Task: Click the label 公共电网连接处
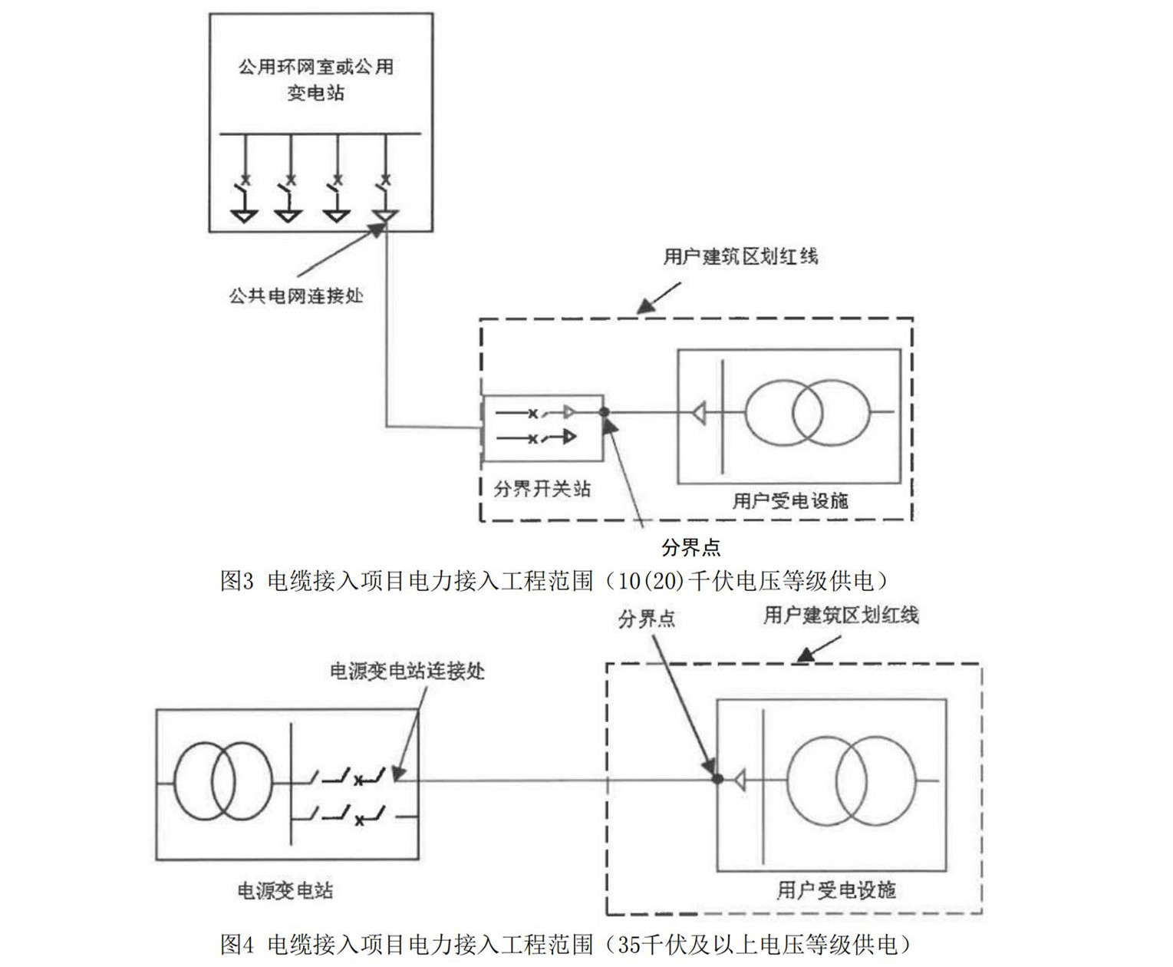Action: [295, 295]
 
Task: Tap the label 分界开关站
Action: [542, 489]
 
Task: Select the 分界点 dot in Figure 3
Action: [604, 413]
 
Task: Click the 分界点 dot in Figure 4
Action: [717, 779]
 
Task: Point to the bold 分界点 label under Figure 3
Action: [690, 547]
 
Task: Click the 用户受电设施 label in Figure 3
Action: [789, 500]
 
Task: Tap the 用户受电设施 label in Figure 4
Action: [835, 890]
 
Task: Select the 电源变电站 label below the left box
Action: [285, 890]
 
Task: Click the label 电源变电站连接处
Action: [407, 671]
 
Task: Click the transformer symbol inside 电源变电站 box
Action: [222, 783]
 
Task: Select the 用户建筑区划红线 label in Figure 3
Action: [740, 256]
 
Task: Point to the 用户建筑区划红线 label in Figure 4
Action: [840, 615]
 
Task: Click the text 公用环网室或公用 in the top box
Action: [315, 67]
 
